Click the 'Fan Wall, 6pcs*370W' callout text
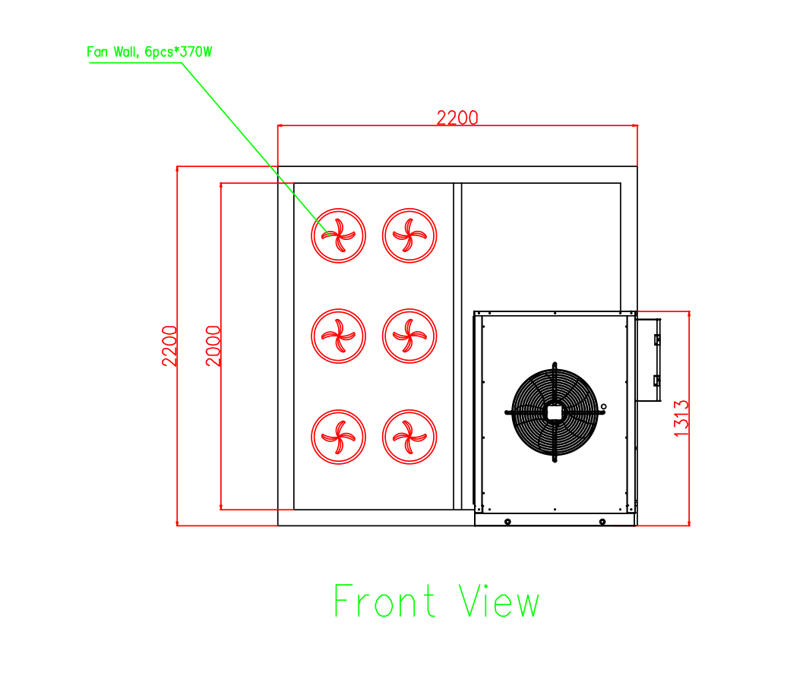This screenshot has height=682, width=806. pos(149,52)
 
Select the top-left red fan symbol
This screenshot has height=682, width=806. pos(338,235)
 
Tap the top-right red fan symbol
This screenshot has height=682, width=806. pos(409,235)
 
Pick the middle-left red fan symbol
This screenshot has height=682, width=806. pos(338,336)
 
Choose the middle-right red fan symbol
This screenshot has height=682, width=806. pos(409,336)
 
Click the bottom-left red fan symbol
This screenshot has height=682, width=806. pos(338,437)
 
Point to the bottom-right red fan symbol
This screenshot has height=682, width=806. pos(409,437)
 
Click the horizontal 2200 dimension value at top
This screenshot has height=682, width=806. pos(457,118)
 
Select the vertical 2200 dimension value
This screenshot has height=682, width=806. pos(169,346)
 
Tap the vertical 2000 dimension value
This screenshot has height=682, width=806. pos(213,346)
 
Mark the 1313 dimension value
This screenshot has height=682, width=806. pos(681,419)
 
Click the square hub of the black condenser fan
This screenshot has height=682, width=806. pos(555,412)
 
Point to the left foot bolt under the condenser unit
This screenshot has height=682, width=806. pos(507,522)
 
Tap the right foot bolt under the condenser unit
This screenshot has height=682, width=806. pos(602,522)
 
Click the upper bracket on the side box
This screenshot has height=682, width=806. pos(657,339)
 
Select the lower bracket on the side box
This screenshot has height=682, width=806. pos(657,380)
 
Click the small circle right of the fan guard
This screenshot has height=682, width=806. pos(603,406)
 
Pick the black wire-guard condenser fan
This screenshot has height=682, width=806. pos(555,412)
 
